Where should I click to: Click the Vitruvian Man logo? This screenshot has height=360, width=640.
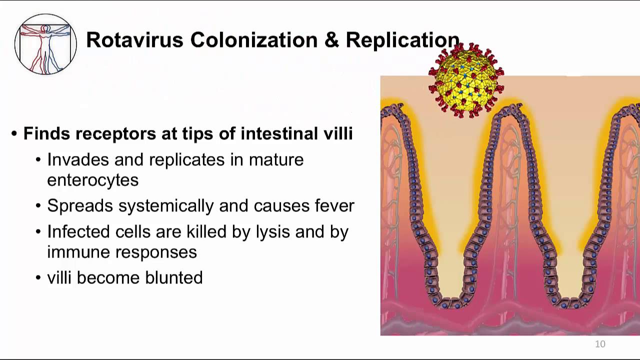(x=45, y=44)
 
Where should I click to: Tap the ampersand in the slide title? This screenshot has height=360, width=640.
(x=331, y=39)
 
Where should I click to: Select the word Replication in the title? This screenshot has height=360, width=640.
(x=402, y=40)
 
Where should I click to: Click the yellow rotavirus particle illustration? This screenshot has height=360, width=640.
(x=466, y=80)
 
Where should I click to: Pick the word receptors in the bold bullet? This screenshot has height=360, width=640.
(x=115, y=134)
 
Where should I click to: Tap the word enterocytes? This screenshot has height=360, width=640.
(x=93, y=181)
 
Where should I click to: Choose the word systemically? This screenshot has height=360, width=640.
(x=166, y=206)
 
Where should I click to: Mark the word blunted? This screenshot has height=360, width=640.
(x=174, y=277)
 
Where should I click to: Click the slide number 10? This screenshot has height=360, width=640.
(x=600, y=344)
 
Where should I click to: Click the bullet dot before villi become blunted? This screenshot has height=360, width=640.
(x=38, y=278)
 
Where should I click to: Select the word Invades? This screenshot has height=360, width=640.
(x=78, y=159)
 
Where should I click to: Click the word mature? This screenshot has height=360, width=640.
(x=276, y=160)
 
